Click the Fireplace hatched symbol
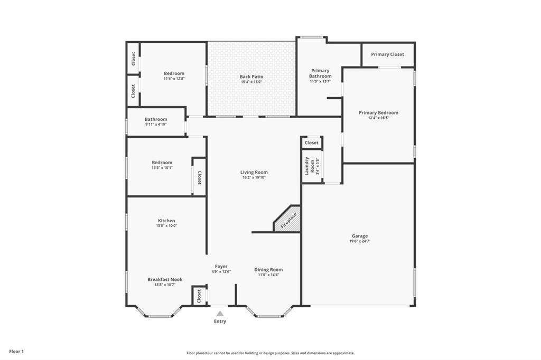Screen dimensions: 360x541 click(288, 219)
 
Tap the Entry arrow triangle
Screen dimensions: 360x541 click(220, 314)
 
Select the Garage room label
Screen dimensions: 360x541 click(360, 236)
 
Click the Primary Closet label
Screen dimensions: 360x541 click(387, 54)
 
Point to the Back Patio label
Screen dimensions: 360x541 click(251, 77)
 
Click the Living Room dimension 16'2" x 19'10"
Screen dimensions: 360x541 click(254, 178)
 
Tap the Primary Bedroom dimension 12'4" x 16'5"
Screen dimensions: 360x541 click(378, 118)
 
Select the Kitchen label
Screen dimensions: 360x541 click(166, 221)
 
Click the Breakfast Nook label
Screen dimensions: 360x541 click(165, 279)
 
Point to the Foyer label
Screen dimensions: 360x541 click(221, 267)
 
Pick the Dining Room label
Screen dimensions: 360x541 click(268, 270)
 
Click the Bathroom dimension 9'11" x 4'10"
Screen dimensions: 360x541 click(156, 125)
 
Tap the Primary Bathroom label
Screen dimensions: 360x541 click(320, 73)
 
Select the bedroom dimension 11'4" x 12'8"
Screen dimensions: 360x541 click(174, 79)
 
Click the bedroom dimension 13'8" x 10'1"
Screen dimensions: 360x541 click(162, 168)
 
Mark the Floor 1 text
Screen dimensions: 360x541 click(16, 351)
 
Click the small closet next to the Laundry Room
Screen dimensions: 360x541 click(312, 143)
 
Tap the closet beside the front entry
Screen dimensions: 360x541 click(199, 296)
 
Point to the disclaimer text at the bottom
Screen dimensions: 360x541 click(270, 353)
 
